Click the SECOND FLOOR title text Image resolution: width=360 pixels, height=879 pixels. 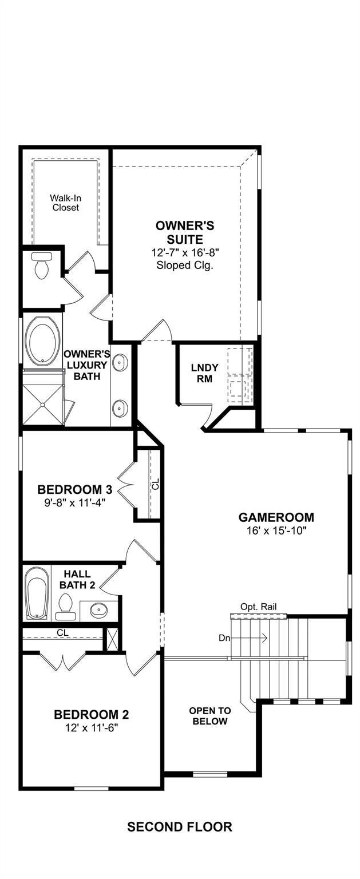click(x=179, y=827)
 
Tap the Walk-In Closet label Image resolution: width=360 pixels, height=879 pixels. click(x=66, y=203)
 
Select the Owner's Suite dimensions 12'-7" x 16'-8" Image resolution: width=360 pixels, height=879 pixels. click(x=185, y=252)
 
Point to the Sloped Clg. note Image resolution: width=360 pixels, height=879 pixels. click(x=185, y=265)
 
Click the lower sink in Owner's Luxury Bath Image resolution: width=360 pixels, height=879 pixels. click(x=120, y=409)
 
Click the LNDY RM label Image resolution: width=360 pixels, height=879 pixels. click(x=204, y=373)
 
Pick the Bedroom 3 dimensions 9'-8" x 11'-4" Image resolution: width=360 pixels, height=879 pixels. click(x=75, y=502)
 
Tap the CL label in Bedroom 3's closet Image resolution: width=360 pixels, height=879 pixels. click(x=156, y=484)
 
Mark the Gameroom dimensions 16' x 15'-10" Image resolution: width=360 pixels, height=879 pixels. click(x=276, y=530)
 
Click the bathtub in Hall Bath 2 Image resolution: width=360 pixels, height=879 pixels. click(x=37, y=593)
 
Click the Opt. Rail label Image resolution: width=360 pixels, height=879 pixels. click(x=258, y=607)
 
